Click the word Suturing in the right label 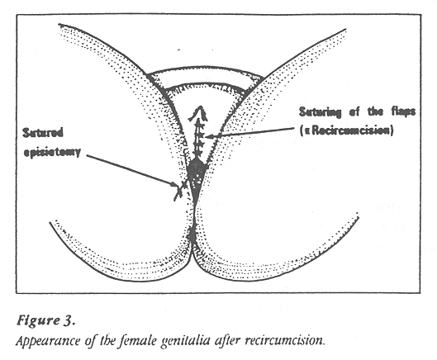click(320, 112)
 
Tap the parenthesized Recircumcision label click(346, 130)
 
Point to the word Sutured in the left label click(43, 133)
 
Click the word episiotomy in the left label click(52, 152)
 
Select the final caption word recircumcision click(284, 340)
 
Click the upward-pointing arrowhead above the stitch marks click(199, 112)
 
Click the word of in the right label click(354, 112)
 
